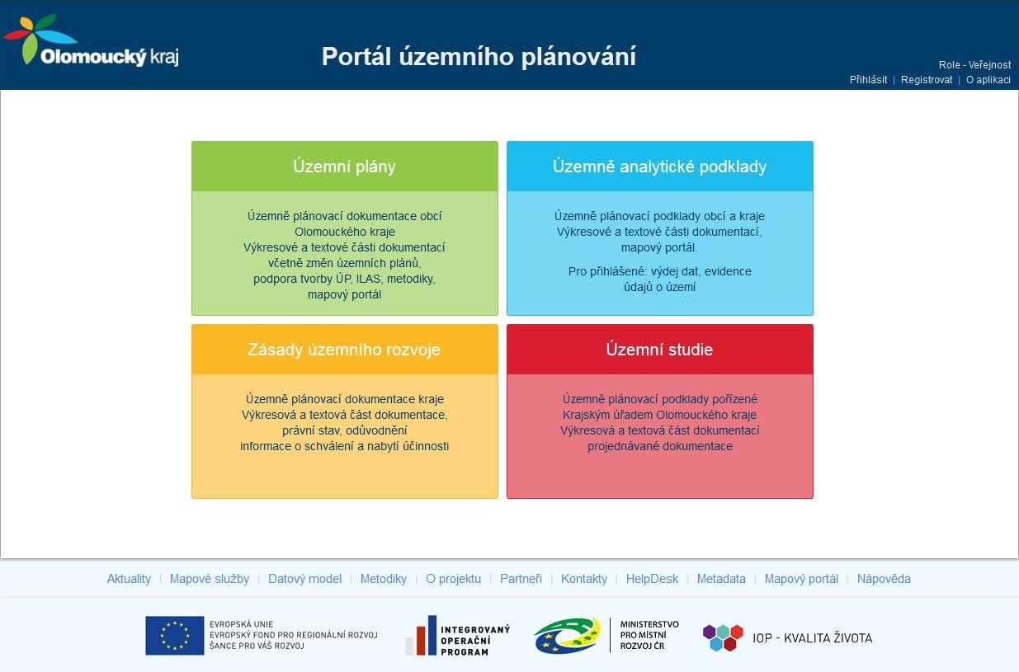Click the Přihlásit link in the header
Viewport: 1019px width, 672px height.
click(868, 79)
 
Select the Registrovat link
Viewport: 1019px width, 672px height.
click(927, 79)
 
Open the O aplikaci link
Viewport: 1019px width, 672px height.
click(988, 79)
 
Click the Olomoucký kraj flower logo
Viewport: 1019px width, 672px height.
click(40, 39)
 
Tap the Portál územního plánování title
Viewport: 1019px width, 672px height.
click(479, 56)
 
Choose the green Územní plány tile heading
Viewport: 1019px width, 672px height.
click(344, 167)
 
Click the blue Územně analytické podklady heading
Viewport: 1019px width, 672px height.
click(659, 167)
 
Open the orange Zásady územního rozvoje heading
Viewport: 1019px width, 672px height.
click(344, 349)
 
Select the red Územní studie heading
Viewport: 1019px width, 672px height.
click(659, 349)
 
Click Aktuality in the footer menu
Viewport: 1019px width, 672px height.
click(129, 578)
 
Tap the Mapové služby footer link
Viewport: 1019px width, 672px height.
click(210, 578)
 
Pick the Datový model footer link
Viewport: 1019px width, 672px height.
click(304, 578)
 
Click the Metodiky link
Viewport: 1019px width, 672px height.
click(384, 578)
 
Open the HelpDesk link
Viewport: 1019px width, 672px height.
click(652, 578)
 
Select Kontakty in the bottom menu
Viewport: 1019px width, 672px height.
click(584, 578)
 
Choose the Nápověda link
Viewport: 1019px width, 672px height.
click(884, 578)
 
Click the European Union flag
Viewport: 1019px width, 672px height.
click(175, 635)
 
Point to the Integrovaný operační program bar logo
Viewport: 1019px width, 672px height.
click(422, 636)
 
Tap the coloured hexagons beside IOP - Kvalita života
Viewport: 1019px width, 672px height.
click(723, 637)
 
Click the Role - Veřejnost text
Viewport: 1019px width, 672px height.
click(974, 64)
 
